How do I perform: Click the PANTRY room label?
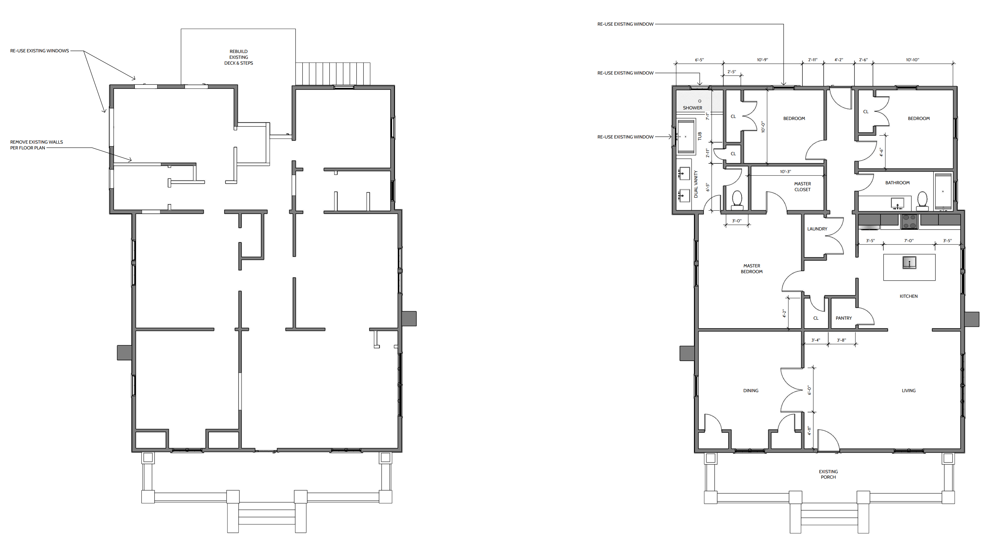(x=844, y=318)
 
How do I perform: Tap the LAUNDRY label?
(x=817, y=229)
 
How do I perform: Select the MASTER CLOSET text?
(x=802, y=187)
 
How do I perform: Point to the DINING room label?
(x=751, y=390)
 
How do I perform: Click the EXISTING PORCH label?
(x=829, y=474)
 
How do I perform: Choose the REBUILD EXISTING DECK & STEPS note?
(x=239, y=57)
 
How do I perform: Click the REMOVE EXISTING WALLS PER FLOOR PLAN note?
(x=36, y=145)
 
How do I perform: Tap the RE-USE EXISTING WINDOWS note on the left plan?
(x=40, y=51)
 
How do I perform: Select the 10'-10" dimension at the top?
(x=912, y=59)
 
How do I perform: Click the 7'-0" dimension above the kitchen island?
(x=909, y=241)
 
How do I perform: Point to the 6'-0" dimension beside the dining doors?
(x=809, y=390)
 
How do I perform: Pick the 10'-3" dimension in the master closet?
(x=785, y=171)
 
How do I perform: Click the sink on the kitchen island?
(x=909, y=263)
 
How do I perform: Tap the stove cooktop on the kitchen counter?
(x=909, y=222)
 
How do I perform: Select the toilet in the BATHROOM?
(x=922, y=201)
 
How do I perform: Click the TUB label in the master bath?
(x=700, y=136)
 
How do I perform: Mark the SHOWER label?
(x=693, y=108)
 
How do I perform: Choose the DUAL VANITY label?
(x=696, y=184)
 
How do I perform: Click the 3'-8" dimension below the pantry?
(x=842, y=340)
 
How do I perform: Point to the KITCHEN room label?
(x=909, y=296)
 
